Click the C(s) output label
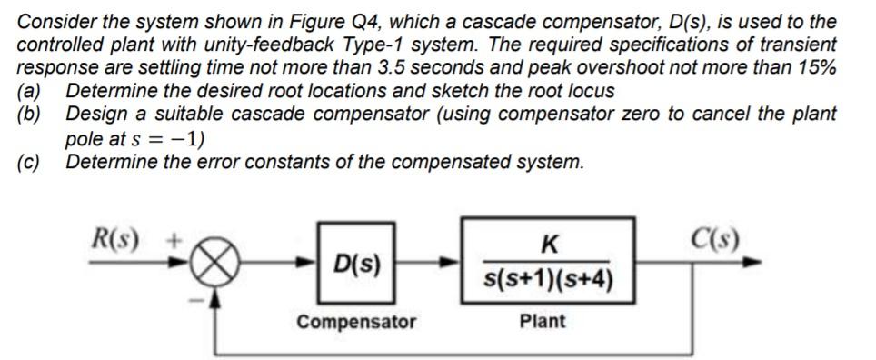click(716, 240)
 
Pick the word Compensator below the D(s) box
click(356, 322)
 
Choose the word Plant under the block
click(543, 321)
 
